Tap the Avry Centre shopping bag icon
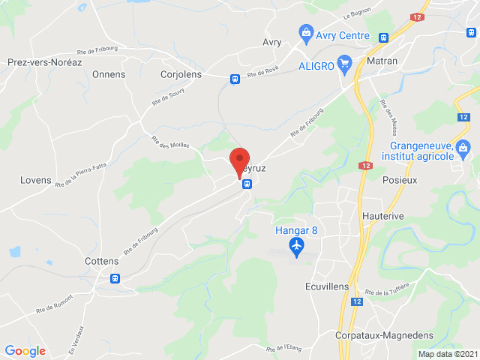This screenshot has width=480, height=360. [x=306, y=33]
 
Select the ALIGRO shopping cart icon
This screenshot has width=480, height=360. [x=346, y=63]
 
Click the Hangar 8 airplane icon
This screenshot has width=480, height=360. [x=297, y=247]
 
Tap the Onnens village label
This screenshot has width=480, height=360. [x=109, y=74]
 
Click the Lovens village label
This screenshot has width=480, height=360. [x=36, y=180]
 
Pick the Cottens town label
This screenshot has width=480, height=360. [x=102, y=261]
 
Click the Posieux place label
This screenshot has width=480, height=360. [x=399, y=180]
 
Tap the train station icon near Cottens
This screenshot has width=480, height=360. [x=115, y=278]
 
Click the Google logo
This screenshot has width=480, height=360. [x=25, y=350]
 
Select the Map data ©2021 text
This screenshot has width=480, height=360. [x=446, y=354]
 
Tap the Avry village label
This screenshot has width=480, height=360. [x=271, y=42]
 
